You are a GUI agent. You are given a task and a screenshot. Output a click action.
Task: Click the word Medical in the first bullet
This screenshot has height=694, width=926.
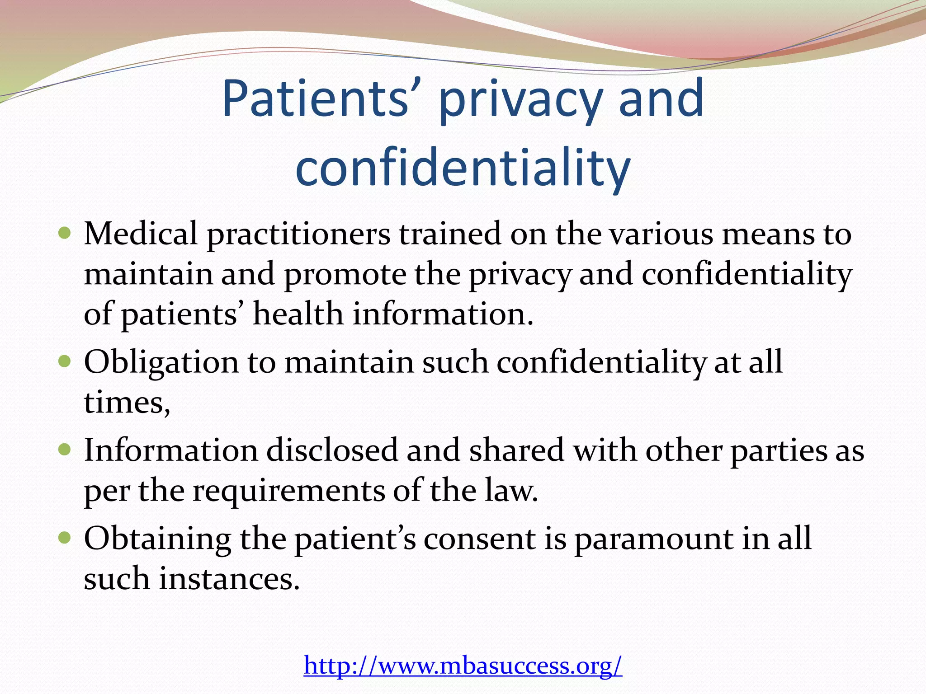(141, 234)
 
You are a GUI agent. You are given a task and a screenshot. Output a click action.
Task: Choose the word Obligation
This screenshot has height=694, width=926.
(161, 363)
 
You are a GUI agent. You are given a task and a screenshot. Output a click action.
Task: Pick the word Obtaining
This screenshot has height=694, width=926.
(157, 539)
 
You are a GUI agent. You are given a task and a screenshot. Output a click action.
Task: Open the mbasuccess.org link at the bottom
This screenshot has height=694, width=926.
(463, 665)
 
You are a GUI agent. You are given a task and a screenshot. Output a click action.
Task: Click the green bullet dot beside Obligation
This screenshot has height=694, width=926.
(65, 361)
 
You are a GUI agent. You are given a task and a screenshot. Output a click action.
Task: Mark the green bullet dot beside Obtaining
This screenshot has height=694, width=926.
(65, 538)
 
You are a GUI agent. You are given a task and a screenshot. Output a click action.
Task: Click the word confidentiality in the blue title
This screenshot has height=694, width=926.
(463, 168)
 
